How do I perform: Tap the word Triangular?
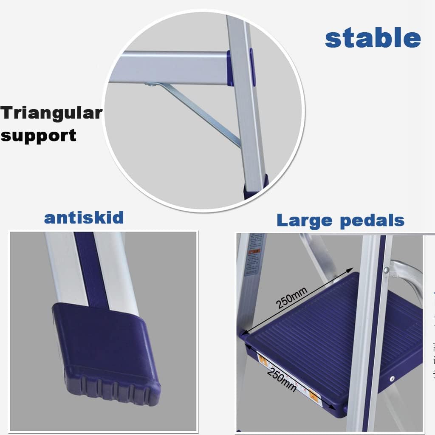[x=51, y=113]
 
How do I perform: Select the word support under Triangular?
[x=38, y=136]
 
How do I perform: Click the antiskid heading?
[x=84, y=217]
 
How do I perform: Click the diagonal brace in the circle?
[x=200, y=113]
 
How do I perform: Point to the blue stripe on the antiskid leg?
[x=91, y=268]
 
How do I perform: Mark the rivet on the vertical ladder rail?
[x=386, y=270]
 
